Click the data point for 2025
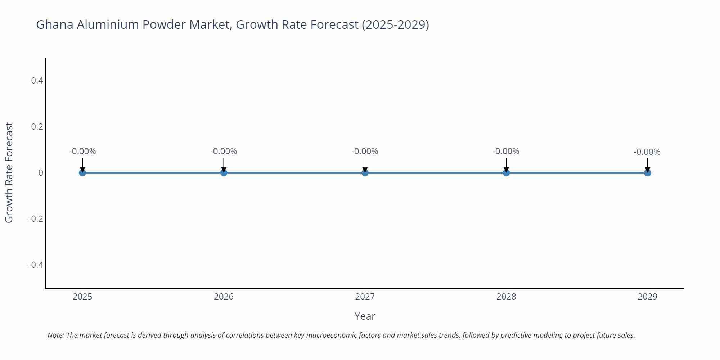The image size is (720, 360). coord(82,173)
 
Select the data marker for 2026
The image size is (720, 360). coord(224,173)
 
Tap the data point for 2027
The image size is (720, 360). coord(365,173)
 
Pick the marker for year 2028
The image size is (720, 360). coord(506,173)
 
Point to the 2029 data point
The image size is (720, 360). coord(647,173)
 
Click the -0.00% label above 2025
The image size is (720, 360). coord(82,152)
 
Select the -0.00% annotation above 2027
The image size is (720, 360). coord(365,152)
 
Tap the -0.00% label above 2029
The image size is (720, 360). coord(647,152)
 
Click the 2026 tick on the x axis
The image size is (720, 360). coord(224,297)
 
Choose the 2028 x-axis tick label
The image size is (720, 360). coord(506,297)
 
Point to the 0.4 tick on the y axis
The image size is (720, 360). coord(37,81)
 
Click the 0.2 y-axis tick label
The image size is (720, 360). coord(37,127)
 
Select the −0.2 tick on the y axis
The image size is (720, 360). coord(35,219)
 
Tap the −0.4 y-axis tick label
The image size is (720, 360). coord(35,265)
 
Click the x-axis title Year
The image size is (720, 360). coord(365,316)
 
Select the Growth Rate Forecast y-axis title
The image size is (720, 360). coord(9,173)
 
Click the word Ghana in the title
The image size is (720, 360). coord(55,25)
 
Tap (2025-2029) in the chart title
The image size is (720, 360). coord(395,25)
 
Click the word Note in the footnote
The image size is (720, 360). coord(55,336)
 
